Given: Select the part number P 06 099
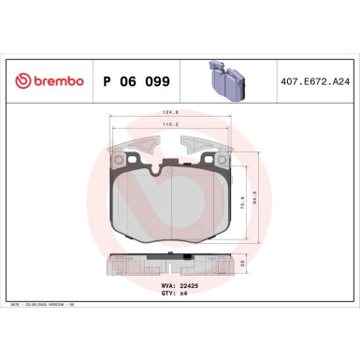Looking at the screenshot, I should pyautogui.click(x=135, y=82).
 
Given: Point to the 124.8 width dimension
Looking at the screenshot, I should pyautogui.click(x=177, y=114).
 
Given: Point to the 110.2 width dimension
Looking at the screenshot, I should pyautogui.click(x=177, y=124).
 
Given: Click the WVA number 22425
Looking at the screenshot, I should pyautogui.click(x=190, y=284).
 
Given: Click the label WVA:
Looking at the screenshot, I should pyautogui.click(x=168, y=284).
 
